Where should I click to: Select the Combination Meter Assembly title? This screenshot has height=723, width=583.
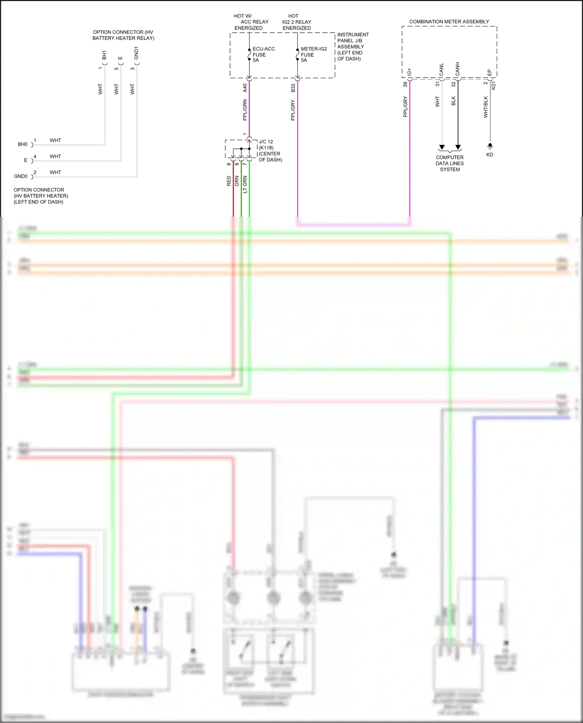449,22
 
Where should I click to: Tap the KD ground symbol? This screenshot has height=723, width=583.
490,146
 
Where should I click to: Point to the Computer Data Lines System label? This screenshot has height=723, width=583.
450,163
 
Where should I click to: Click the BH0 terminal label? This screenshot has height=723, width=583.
23,145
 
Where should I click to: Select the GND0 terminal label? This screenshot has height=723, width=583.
21,176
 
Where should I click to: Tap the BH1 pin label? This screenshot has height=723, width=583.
104,55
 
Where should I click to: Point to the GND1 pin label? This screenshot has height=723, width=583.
136,53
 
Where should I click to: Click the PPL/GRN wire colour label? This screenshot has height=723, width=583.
245,110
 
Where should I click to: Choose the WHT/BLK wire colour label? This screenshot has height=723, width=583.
485,107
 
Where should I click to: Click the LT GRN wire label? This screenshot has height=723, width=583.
245,185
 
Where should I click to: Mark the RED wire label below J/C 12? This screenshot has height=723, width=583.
229,181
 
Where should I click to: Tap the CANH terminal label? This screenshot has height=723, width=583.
457,69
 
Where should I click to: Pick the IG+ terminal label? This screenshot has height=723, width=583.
409,72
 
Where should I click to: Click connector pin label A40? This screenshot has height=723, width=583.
245,88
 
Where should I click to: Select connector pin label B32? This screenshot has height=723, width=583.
293,88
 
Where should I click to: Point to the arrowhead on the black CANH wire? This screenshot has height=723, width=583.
458,147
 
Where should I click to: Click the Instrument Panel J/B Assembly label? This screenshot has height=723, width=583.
353,47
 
